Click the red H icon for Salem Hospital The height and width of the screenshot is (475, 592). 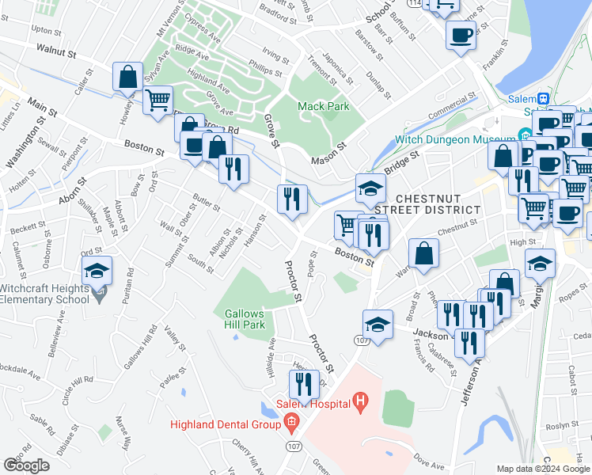tap(361, 404)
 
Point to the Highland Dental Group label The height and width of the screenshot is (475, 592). tap(224, 424)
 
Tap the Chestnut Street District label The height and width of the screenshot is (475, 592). tap(438, 203)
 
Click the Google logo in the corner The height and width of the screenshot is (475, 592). tap(27, 465)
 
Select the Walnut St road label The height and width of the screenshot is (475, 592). tap(55, 53)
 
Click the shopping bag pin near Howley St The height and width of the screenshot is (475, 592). tap(128, 78)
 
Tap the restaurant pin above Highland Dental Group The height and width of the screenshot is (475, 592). tap(304, 385)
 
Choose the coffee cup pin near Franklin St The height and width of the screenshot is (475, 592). tap(461, 36)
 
